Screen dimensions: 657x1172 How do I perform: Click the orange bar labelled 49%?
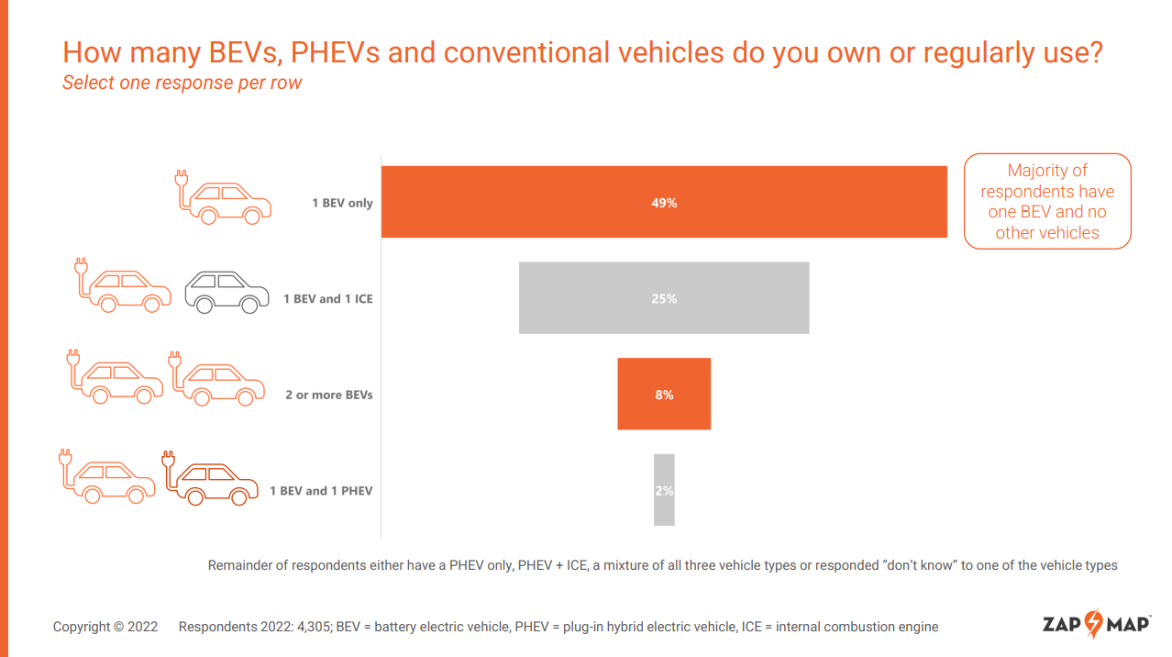664,202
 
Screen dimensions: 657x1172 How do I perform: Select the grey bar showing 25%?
664,298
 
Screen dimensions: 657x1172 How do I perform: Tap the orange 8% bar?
664,395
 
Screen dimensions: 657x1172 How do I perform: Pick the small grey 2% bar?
664,490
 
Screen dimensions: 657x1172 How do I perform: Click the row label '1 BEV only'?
342,203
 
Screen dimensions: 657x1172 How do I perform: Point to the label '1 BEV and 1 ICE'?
327,299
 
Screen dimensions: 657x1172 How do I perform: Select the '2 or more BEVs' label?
328,395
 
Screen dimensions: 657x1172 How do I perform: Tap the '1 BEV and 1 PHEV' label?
321,491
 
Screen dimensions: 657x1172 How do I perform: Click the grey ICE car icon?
227,292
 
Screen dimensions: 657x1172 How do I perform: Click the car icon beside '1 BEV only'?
224,197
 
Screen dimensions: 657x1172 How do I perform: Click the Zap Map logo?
1096,625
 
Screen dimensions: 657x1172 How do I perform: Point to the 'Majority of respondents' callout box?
1047,201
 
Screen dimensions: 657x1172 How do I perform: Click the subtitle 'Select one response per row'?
182,83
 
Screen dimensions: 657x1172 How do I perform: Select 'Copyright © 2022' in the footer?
105,627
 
